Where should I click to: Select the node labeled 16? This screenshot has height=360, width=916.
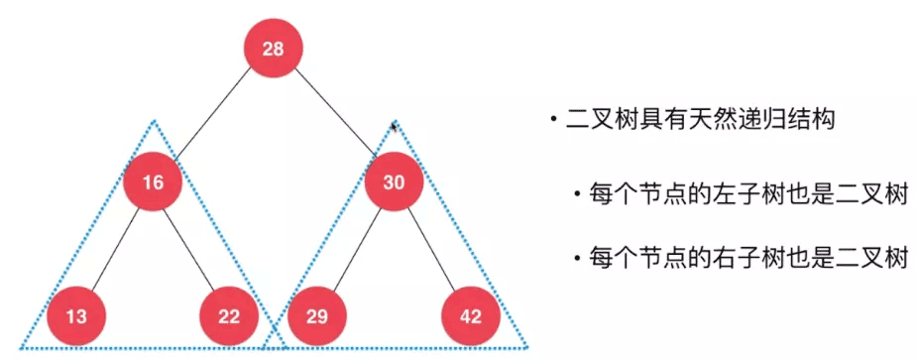pos(152,182)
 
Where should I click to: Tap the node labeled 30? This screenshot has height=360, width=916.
pos(394,182)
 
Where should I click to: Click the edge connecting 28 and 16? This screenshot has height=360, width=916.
pos(213,116)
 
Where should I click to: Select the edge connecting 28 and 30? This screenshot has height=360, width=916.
pos(333,115)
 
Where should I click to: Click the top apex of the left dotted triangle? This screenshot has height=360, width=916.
pos(154,122)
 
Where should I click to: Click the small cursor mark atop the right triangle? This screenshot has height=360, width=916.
pos(395,126)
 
